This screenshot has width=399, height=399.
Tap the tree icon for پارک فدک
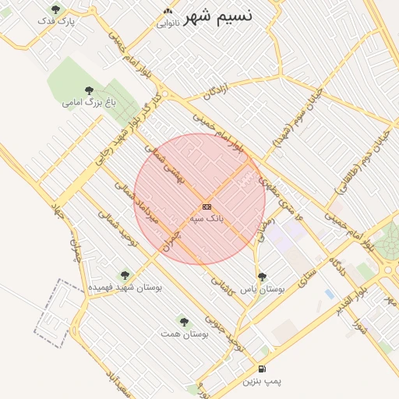(x=55, y=9)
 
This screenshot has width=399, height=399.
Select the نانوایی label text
(x=168, y=23)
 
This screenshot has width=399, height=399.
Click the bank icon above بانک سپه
(x=207, y=207)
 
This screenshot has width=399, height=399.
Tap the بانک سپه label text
(x=208, y=220)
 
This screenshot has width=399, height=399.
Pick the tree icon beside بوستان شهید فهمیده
(x=125, y=274)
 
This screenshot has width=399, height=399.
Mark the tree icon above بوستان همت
(x=184, y=320)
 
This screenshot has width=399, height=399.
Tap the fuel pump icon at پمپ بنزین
(x=261, y=367)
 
